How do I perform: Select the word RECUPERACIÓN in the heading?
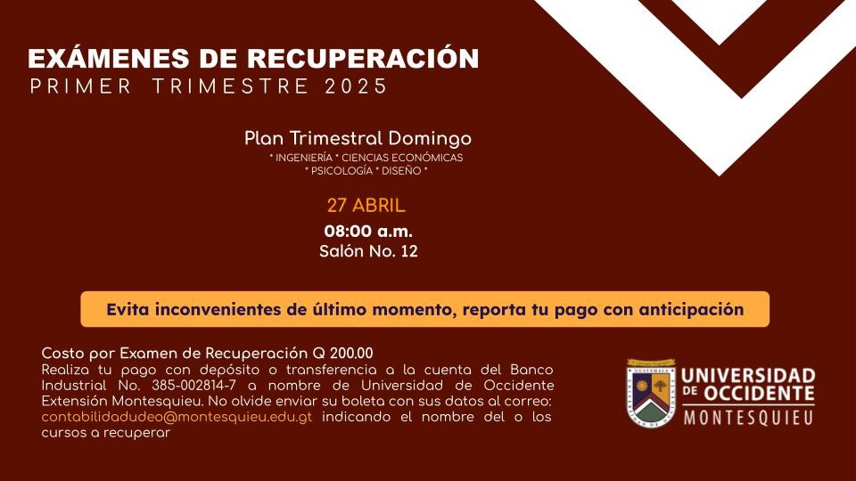363,58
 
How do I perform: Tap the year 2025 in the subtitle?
356,86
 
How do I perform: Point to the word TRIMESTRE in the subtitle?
230,86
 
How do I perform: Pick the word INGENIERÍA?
303,158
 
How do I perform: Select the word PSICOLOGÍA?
342,171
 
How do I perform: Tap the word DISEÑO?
401,171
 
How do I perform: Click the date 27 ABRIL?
366,206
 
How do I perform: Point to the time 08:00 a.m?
368,232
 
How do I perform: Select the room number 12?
409,251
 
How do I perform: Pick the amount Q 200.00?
342,354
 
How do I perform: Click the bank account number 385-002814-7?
193,386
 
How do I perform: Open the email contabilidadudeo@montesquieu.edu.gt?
177,417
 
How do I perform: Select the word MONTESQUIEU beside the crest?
748,418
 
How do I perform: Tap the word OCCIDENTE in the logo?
759,393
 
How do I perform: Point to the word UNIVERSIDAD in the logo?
748,376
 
